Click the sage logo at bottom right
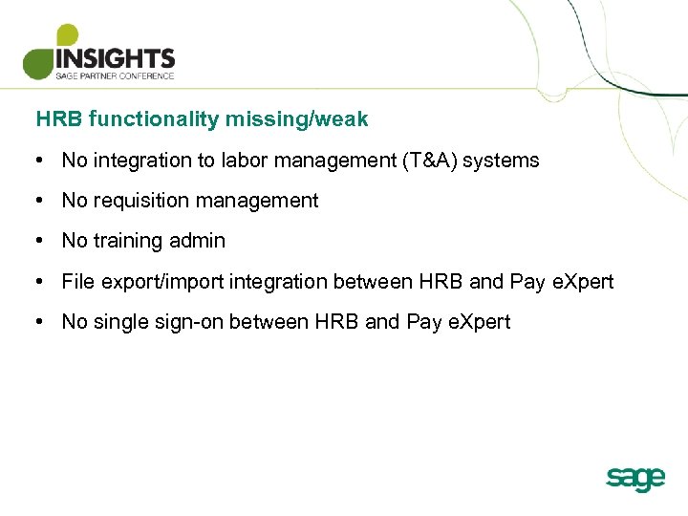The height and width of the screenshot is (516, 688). click(634, 478)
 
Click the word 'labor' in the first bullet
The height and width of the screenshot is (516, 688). click(244, 161)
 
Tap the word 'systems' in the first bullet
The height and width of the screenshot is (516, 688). click(504, 161)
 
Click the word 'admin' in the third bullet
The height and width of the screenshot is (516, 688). click(198, 241)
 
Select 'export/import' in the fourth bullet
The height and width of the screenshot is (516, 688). click(156, 282)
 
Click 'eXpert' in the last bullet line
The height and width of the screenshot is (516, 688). click(479, 322)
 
